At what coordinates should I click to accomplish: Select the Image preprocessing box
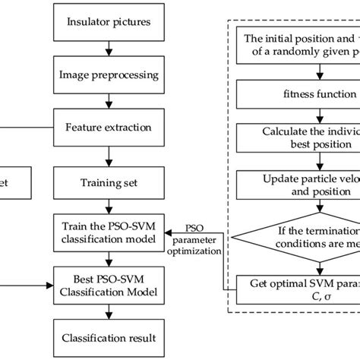point(109,75)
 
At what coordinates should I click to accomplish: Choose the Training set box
point(109,183)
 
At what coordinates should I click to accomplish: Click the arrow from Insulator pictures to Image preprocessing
point(109,54)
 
